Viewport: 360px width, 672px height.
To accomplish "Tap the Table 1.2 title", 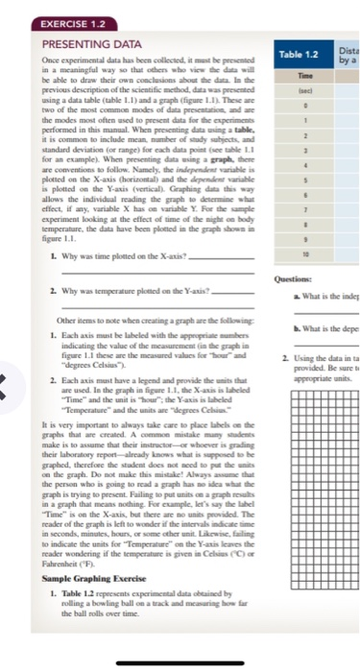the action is click(300, 60).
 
